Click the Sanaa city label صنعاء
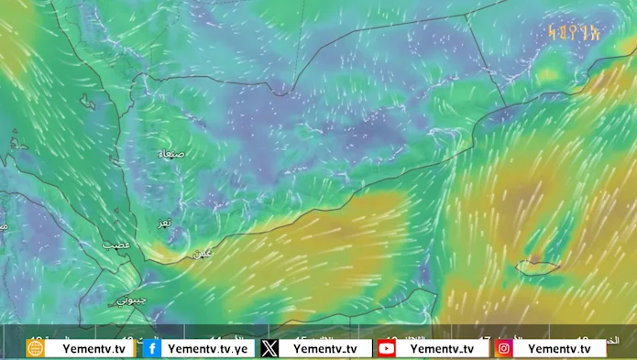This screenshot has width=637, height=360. [171, 154]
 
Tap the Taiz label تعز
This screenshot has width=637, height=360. [164, 223]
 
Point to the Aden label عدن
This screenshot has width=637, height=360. [201, 253]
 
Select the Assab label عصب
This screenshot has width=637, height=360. [115, 245]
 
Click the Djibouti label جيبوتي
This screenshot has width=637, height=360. [131, 300]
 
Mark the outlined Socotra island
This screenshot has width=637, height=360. [537, 267]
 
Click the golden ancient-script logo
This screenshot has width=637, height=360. [573, 34]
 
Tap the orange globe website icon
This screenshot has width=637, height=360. [35, 348]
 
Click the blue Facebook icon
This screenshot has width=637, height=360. [151, 348]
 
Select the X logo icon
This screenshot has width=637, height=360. [269, 348]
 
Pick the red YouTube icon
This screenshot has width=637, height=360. [386, 348]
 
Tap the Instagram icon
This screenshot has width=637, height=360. [504, 348]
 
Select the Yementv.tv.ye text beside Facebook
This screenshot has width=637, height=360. [208, 348]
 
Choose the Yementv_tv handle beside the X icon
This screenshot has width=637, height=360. [325, 348]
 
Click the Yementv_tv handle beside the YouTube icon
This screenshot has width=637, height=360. [442, 348]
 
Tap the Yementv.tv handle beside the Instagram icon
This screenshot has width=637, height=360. [559, 348]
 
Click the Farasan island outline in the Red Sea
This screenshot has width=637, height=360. [87, 104]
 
